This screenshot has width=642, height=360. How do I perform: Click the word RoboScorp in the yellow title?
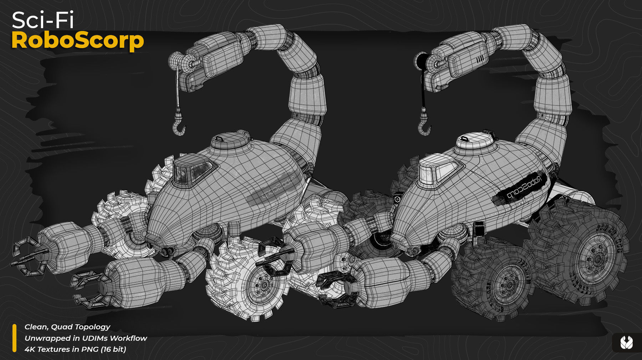(77, 41)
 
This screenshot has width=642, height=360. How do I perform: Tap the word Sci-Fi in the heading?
(43, 20)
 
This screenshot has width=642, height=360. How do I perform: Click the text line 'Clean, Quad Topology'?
(67, 327)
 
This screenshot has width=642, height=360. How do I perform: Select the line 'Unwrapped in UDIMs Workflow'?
(86, 338)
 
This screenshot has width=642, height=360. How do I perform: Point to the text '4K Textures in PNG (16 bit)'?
(75, 349)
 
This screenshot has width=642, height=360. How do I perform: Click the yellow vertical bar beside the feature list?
(15, 338)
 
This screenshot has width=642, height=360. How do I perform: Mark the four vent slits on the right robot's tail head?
(480, 59)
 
